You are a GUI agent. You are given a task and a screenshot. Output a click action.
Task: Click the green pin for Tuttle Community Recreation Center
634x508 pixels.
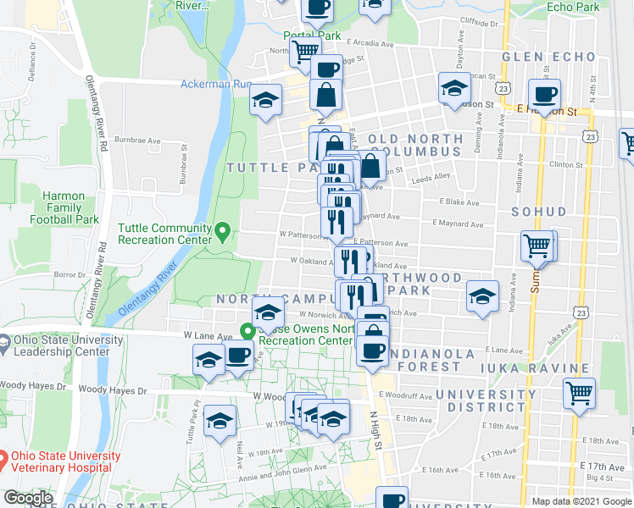pyautogui.click(x=222, y=229)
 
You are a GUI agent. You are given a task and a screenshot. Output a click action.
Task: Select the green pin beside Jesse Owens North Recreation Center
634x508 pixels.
pyautogui.click(x=248, y=332)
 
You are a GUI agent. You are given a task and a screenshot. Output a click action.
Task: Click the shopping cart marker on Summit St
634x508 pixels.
pyautogui.click(x=537, y=246)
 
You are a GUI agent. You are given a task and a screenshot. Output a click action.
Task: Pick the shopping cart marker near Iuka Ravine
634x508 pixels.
pyautogui.click(x=580, y=391)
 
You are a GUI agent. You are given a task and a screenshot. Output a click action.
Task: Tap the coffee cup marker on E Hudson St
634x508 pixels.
pyautogui.click(x=544, y=93)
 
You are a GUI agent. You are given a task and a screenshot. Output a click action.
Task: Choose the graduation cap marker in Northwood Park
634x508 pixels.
pyautogui.click(x=482, y=295)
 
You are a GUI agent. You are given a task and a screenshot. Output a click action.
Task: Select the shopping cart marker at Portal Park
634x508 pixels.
pyautogui.click(x=305, y=51)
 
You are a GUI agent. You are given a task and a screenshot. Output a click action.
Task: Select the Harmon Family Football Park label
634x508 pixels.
pyautogui.click(x=64, y=207)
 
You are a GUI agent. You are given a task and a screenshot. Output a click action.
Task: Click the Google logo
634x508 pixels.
pyautogui.click(x=27, y=499)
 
